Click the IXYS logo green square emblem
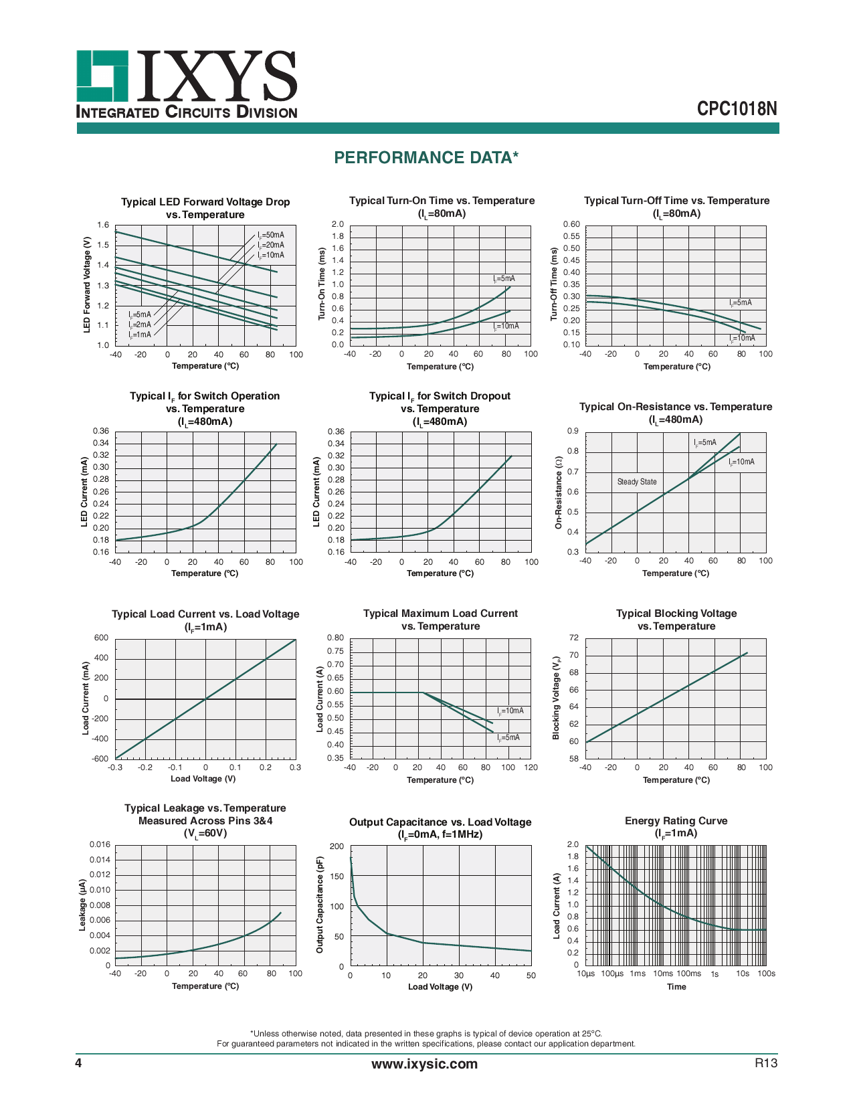tap(102, 76)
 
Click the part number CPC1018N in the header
tap(737, 109)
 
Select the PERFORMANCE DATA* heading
tap(426, 158)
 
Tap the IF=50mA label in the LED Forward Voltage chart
tap(271, 235)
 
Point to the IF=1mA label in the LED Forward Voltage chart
tap(140, 335)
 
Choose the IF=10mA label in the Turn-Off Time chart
tap(742, 338)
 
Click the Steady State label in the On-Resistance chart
tap(636, 482)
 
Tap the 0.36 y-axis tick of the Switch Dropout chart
tap(336, 432)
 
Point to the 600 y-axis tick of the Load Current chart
tap(101, 638)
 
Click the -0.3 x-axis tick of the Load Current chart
tap(115, 767)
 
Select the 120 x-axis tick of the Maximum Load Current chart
tap(531, 767)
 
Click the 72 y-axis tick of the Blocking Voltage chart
tap(573, 638)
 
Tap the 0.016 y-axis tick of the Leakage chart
tap(100, 844)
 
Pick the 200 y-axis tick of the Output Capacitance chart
tap(337, 846)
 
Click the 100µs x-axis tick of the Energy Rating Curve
tap(611, 974)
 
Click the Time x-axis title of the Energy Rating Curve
tap(676, 987)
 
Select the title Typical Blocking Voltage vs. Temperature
tap(676, 620)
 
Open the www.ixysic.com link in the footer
tap(425, 1064)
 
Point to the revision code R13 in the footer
tap(766, 1063)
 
